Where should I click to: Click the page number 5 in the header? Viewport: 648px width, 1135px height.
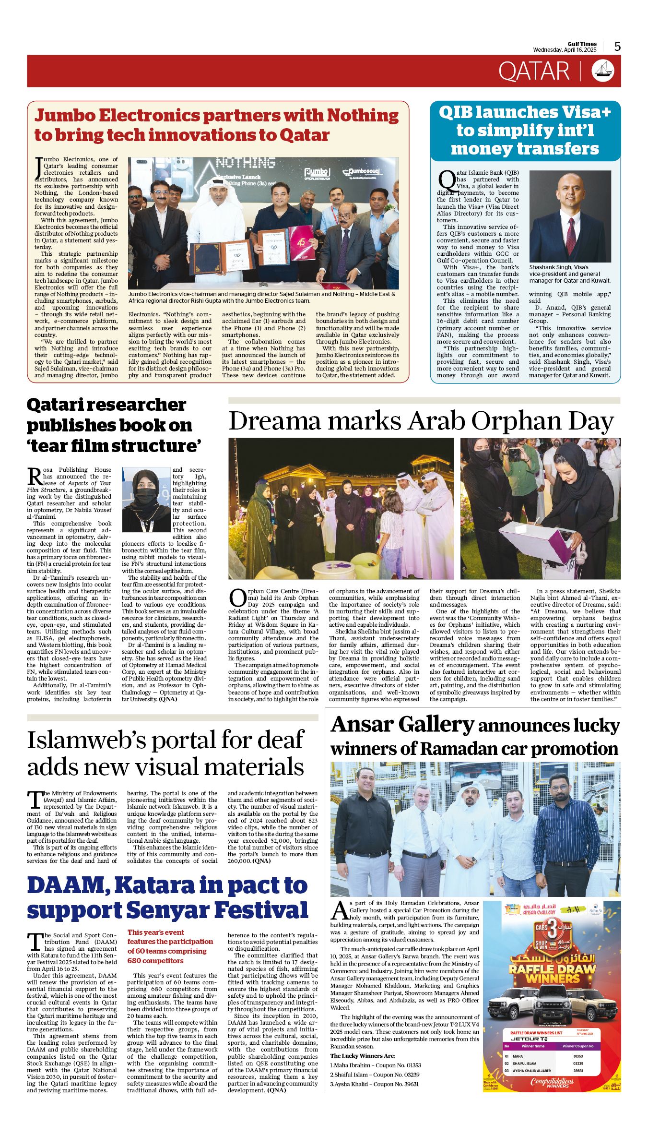pos(617,46)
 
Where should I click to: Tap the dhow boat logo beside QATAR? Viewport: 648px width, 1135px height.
pos(603,71)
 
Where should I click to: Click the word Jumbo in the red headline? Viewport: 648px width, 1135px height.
pos(69,115)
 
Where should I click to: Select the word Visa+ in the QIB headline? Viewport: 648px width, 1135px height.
pos(586,112)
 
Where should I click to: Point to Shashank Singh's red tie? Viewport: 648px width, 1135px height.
pos(571,230)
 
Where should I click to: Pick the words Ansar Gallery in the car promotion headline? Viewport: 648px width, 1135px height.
pos(402,725)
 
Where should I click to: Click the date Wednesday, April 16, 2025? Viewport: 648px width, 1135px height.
pos(565,50)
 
